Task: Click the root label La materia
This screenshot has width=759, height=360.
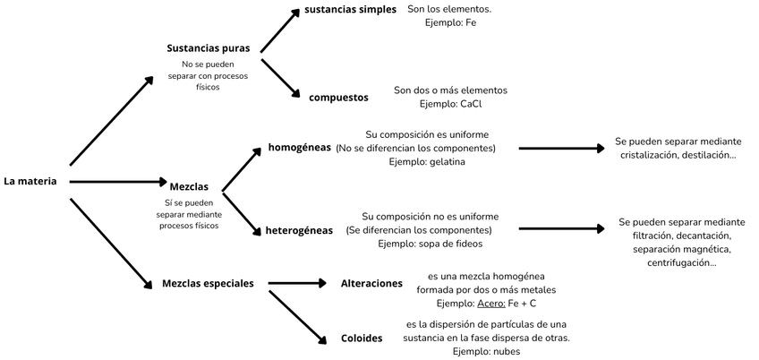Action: pyautogui.click(x=30, y=181)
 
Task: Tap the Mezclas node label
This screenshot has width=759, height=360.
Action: pyautogui.click(x=189, y=186)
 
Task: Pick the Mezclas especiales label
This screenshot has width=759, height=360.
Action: pyautogui.click(x=208, y=283)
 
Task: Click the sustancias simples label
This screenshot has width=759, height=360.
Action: pyautogui.click(x=350, y=9)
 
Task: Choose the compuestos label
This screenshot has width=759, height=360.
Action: pyautogui.click(x=338, y=97)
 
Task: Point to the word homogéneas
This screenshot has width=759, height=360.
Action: pyautogui.click(x=299, y=147)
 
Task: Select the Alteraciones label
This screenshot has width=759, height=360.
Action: pyautogui.click(x=371, y=283)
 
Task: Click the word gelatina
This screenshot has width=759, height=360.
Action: pyautogui.click(x=447, y=161)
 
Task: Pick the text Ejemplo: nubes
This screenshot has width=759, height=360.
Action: pyautogui.click(x=486, y=351)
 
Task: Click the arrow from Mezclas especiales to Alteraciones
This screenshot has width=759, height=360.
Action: pyautogui.click(x=297, y=283)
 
